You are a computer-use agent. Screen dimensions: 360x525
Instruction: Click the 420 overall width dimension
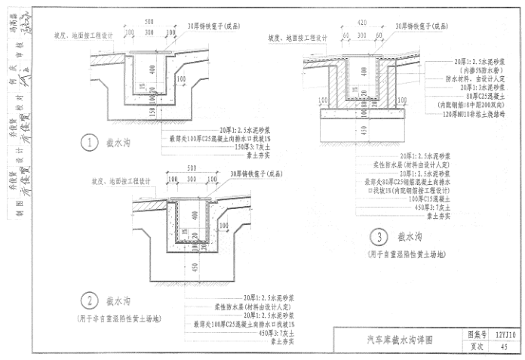(x=363, y=23)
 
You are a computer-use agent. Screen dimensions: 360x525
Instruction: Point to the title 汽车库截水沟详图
(x=400, y=340)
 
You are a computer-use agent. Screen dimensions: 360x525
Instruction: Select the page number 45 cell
(x=503, y=346)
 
